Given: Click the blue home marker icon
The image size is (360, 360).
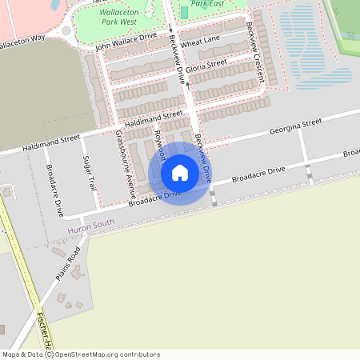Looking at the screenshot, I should click(x=180, y=172).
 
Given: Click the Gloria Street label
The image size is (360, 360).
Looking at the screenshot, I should click(x=206, y=67).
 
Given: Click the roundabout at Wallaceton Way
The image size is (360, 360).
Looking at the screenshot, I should click(x=66, y=32).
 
